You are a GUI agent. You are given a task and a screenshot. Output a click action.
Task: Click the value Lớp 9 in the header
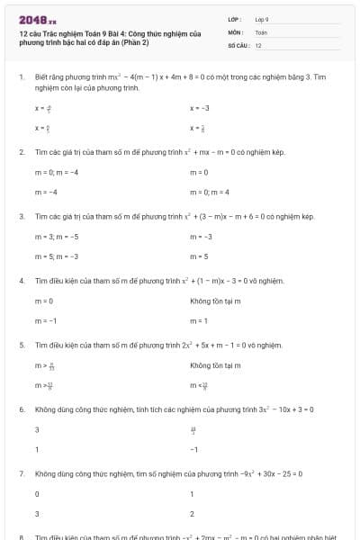262,19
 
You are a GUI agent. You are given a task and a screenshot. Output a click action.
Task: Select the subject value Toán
261,31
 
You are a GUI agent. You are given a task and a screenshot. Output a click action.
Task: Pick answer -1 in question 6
193,449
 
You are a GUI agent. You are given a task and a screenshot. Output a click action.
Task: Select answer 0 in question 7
37,494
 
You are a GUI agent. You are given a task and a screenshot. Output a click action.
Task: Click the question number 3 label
21,217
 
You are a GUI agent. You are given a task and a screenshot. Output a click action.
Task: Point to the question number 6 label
21,409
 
